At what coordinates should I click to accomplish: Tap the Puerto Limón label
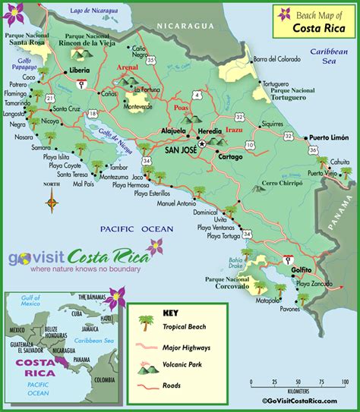coord(327,137)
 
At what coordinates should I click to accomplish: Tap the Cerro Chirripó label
coord(279,183)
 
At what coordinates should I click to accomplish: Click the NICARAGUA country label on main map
coord(186,26)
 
